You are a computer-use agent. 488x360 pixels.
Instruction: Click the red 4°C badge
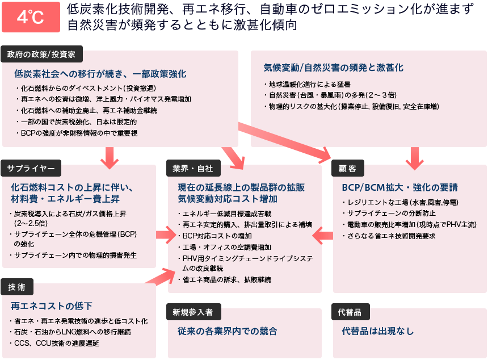(31, 17)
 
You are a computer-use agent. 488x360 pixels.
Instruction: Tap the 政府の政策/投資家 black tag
(41, 54)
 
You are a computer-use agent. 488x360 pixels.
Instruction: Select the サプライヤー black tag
(31, 168)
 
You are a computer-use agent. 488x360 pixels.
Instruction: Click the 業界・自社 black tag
(193, 168)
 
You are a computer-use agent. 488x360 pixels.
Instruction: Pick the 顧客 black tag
(348, 168)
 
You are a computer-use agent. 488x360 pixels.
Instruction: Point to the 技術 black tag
(17, 287)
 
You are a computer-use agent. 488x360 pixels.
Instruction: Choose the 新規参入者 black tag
(193, 312)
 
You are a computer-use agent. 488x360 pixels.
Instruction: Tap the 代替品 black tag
(351, 312)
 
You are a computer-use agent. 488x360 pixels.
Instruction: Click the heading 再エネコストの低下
(52, 306)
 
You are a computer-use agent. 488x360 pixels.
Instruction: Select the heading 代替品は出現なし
(378, 331)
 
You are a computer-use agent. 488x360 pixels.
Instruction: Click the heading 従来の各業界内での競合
(228, 331)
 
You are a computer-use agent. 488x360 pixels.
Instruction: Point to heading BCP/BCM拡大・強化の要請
(400, 187)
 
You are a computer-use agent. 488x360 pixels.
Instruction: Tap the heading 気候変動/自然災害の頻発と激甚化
(333, 68)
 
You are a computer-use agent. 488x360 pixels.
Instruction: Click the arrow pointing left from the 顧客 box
(322, 236)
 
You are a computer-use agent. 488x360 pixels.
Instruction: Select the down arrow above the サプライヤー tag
(110, 158)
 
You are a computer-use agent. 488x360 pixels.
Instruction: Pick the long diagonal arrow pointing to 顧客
(285, 143)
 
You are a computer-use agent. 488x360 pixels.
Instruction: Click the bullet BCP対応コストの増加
(215, 236)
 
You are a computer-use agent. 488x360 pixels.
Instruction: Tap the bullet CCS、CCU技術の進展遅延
(54, 343)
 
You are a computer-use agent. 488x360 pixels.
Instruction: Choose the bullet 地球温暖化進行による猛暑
(308, 85)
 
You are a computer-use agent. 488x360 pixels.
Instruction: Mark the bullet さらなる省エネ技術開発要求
(389, 236)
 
